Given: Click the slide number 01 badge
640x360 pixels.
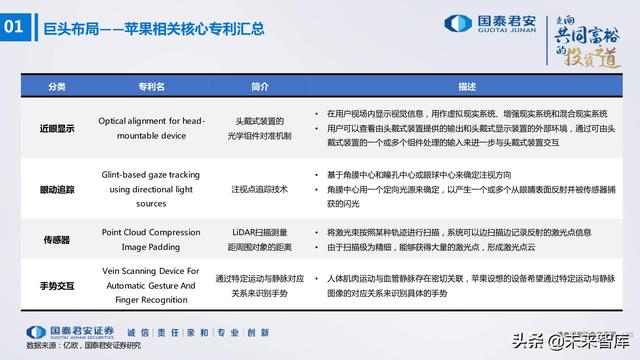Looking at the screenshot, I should click(18, 29).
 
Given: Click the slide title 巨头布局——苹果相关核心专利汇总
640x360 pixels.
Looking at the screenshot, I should click(160, 29).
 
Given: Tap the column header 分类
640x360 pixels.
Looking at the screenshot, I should click(57, 87).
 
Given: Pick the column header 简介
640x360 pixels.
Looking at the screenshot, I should click(260, 87).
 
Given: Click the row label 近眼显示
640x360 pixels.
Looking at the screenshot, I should click(57, 129).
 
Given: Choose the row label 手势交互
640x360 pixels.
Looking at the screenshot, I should click(57, 286).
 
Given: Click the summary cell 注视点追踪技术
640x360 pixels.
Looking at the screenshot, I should click(260, 188).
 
